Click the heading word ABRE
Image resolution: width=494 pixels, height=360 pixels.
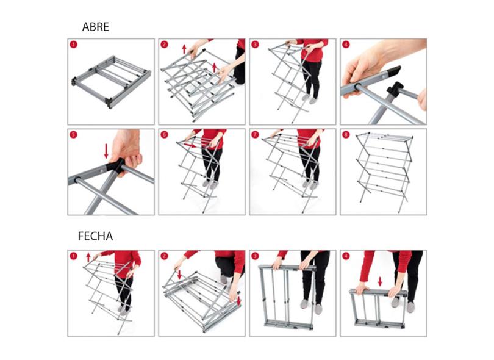point(96,27)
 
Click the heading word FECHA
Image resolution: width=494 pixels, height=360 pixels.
point(95,236)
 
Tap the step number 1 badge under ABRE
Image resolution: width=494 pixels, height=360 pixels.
point(73,45)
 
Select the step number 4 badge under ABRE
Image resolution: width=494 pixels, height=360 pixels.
point(346,45)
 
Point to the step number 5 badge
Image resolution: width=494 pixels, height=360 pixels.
point(73,135)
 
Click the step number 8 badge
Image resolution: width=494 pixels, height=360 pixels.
point(346,135)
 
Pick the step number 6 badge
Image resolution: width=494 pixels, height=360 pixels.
point(164,135)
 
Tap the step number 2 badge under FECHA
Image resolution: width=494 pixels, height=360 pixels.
point(164,256)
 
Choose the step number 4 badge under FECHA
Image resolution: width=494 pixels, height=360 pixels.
point(346,256)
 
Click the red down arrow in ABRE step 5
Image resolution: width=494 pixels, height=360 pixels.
point(106,151)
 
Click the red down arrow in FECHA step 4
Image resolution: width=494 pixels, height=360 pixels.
point(380,281)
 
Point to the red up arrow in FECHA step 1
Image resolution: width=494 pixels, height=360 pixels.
point(88,257)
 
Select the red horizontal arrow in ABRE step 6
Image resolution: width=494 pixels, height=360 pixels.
point(192,145)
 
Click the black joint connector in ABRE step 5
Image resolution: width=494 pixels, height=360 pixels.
point(116,165)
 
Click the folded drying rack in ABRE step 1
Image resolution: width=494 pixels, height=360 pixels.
point(112,82)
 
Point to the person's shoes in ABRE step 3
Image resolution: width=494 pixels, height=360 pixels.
point(309,99)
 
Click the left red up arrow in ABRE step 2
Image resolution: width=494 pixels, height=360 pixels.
point(184,49)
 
